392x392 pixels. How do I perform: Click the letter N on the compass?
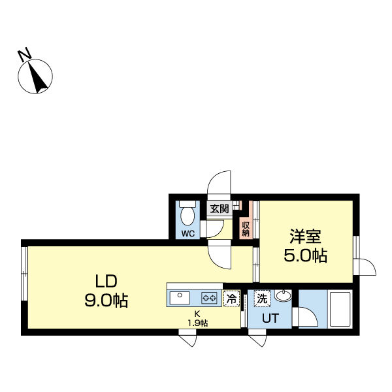(x=25, y=56)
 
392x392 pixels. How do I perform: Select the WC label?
(x=188, y=234)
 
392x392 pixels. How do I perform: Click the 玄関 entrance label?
(x=220, y=208)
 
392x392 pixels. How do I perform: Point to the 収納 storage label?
(x=246, y=229)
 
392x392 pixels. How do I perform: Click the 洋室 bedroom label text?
(x=306, y=237)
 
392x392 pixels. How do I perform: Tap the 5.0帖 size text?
(x=306, y=255)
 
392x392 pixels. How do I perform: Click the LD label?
(x=106, y=281)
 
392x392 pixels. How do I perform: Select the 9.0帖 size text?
(x=106, y=300)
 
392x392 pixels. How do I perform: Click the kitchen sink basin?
(x=180, y=298)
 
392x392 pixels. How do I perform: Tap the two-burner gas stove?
(x=209, y=298)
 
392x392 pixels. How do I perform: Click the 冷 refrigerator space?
(x=231, y=299)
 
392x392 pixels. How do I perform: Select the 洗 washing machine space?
(x=262, y=299)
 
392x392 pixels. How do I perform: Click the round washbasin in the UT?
(x=284, y=295)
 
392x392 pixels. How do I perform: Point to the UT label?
(x=270, y=318)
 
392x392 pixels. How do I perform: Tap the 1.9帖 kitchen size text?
(x=198, y=323)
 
